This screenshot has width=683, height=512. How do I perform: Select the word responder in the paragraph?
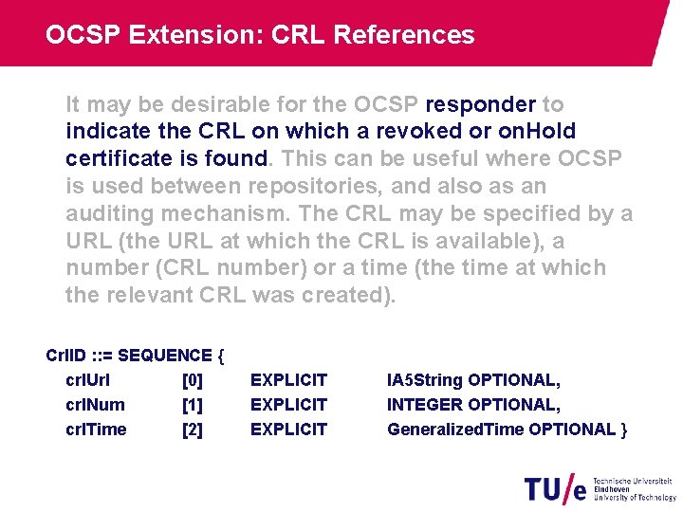(481, 104)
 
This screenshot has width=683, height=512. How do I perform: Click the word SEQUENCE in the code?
(164, 357)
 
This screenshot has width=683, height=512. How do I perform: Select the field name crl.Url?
(89, 381)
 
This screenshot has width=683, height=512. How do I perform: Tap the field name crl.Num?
(95, 406)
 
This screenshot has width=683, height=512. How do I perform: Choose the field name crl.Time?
(96, 430)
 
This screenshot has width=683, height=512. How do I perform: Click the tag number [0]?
(192, 381)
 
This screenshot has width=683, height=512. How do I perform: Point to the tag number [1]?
(192, 406)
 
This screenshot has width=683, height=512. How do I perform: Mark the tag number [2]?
(192, 430)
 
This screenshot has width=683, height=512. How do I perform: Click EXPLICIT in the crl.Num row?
(288, 406)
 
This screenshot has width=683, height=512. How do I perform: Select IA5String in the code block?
(424, 381)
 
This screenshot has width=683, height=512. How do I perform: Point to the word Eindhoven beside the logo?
(613, 488)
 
